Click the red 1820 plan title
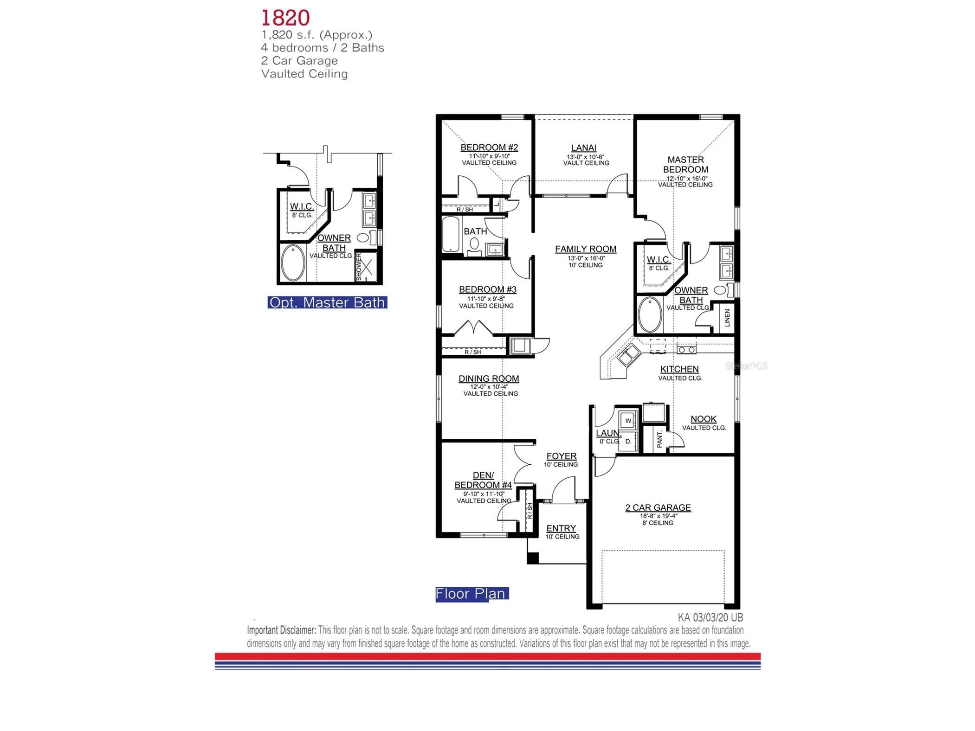tap(285, 18)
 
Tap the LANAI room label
tap(583, 147)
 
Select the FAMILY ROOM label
tap(585, 249)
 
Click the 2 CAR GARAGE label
tap(658, 507)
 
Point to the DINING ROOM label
tap(488, 378)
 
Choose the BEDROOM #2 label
tap(489, 147)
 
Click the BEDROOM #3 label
tap(487, 289)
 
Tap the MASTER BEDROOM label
tap(685, 165)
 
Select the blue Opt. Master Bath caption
tap(327, 302)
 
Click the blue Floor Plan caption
tap(471, 594)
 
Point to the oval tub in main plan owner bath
tap(650, 314)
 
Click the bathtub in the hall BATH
tap(451, 235)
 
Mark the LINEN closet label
tap(727, 318)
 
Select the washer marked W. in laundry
tap(628, 421)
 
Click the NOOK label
tap(703, 419)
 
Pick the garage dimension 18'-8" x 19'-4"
tap(658, 516)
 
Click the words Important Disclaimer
tap(281, 630)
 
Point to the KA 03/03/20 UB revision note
tap(710, 617)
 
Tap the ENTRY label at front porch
tap(561, 528)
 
